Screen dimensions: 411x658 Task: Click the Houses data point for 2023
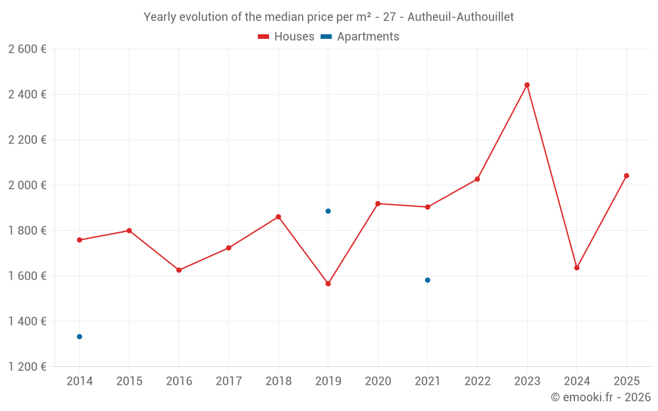527,85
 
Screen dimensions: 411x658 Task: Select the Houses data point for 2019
328,283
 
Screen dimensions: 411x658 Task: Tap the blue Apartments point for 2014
80,337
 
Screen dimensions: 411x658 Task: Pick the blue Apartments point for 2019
328,211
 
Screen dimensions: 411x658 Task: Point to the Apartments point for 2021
428,280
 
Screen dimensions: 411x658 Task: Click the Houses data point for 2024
577,268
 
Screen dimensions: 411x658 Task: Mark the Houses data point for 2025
626,176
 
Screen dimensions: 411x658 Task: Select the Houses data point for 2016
179,270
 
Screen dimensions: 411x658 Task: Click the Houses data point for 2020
378,204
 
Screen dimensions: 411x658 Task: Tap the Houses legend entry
286,37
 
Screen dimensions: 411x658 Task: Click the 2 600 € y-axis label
27,49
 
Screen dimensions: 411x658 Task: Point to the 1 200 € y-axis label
27,367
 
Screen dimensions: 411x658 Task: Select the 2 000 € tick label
27,185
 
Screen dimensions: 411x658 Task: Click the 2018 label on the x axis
278,381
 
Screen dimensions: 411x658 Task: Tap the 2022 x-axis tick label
477,381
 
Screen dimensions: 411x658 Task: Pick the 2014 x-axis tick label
80,381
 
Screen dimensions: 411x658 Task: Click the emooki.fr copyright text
600,397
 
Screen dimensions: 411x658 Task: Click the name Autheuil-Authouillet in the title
465,17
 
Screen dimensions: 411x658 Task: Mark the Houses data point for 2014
80,240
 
